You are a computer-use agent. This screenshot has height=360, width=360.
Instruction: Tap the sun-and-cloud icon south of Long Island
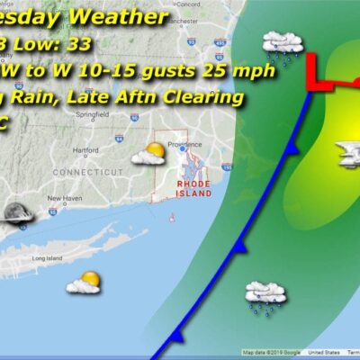tap(84, 282)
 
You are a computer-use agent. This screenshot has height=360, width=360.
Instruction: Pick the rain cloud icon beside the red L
tap(281, 45)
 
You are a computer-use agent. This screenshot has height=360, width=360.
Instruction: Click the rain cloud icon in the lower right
tap(265, 296)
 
